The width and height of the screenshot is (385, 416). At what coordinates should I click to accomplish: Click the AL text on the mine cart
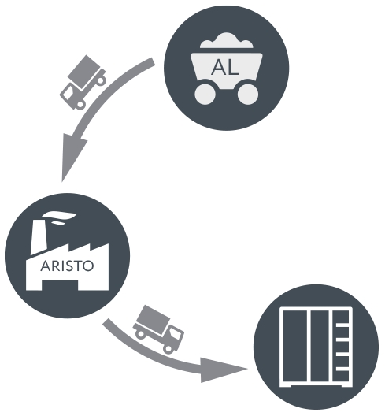[225, 67]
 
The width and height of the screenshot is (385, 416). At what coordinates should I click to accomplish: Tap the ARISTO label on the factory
[67, 266]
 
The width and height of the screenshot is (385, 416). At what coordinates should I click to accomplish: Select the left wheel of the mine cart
[205, 95]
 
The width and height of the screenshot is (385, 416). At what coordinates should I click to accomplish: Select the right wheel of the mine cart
[248, 95]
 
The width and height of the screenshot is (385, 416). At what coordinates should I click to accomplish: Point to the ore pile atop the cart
[226, 41]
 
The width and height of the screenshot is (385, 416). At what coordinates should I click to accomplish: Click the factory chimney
[39, 237]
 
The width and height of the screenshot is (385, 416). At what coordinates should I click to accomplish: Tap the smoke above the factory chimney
[59, 217]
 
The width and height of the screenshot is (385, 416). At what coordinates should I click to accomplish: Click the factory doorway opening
[60, 285]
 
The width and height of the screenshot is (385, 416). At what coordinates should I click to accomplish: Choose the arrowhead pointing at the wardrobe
[221, 370]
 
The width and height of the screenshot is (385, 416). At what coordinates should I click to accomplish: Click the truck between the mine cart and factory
[83, 82]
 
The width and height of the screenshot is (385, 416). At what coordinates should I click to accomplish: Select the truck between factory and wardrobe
[158, 329]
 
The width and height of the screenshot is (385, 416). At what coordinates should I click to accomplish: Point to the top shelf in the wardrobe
[342, 325]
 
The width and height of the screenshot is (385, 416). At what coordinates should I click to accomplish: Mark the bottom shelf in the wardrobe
[342, 369]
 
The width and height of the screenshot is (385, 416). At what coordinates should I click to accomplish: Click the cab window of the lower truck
[175, 335]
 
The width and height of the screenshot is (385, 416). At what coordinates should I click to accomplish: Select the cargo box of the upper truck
[87, 71]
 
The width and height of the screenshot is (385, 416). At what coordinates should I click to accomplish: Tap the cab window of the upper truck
[68, 94]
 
